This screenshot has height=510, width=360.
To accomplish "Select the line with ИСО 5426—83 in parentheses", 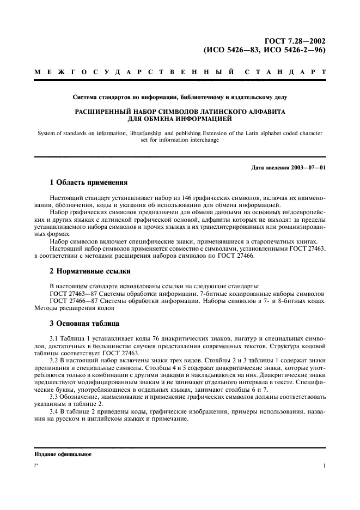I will tap(265, 49).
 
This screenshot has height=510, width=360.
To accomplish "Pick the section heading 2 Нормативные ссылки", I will tap(90, 271).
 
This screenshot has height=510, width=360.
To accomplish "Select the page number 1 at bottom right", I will tap(324, 466).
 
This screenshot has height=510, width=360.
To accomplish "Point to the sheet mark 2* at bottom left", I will tap(36, 466).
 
